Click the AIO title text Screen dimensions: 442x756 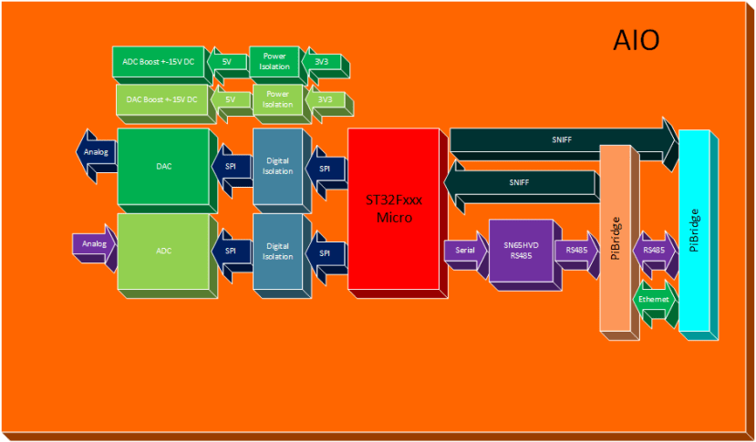point(636,40)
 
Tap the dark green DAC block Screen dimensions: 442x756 point(163,167)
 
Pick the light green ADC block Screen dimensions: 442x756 point(163,250)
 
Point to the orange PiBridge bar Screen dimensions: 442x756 point(616,237)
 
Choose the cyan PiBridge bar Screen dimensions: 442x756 point(694,232)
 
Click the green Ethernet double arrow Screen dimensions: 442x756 point(653,300)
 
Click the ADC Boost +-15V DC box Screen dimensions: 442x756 point(158,61)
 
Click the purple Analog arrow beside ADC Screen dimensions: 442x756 point(95,245)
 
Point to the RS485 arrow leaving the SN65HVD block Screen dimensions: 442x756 point(576,250)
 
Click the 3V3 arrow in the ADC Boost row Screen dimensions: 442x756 point(321,61)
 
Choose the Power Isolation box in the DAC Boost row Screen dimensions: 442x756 point(278,99)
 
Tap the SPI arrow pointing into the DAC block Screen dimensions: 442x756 point(231,167)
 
